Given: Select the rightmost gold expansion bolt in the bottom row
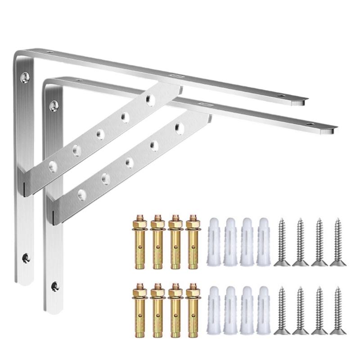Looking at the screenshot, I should [x=193, y=310].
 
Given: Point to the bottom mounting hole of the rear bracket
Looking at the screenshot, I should [x=26, y=258].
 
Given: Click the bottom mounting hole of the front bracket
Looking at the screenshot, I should [x=55, y=285].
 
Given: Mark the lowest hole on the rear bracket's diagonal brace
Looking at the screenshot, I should [x=53, y=164].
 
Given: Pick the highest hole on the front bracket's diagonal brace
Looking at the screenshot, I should [x=180, y=128].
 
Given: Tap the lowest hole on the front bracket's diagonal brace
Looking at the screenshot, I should [x=82, y=193].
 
